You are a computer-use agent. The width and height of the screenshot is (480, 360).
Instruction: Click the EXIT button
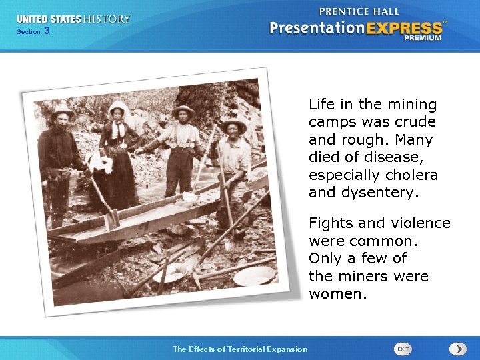(x=403, y=349)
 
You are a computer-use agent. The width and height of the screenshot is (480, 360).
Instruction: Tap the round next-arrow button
(x=457, y=349)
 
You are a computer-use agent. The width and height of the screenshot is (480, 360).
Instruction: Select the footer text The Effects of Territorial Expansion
(x=240, y=349)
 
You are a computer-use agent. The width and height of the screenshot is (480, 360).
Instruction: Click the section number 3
(x=47, y=31)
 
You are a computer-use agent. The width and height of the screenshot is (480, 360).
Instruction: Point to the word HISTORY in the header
(x=107, y=19)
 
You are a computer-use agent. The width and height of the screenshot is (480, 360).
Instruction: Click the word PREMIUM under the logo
(x=421, y=39)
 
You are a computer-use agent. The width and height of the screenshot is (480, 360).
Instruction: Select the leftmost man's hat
(x=62, y=110)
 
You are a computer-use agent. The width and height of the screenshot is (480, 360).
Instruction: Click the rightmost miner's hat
(x=233, y=123)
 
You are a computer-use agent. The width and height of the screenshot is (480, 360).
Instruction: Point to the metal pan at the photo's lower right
(x=254, y=275)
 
